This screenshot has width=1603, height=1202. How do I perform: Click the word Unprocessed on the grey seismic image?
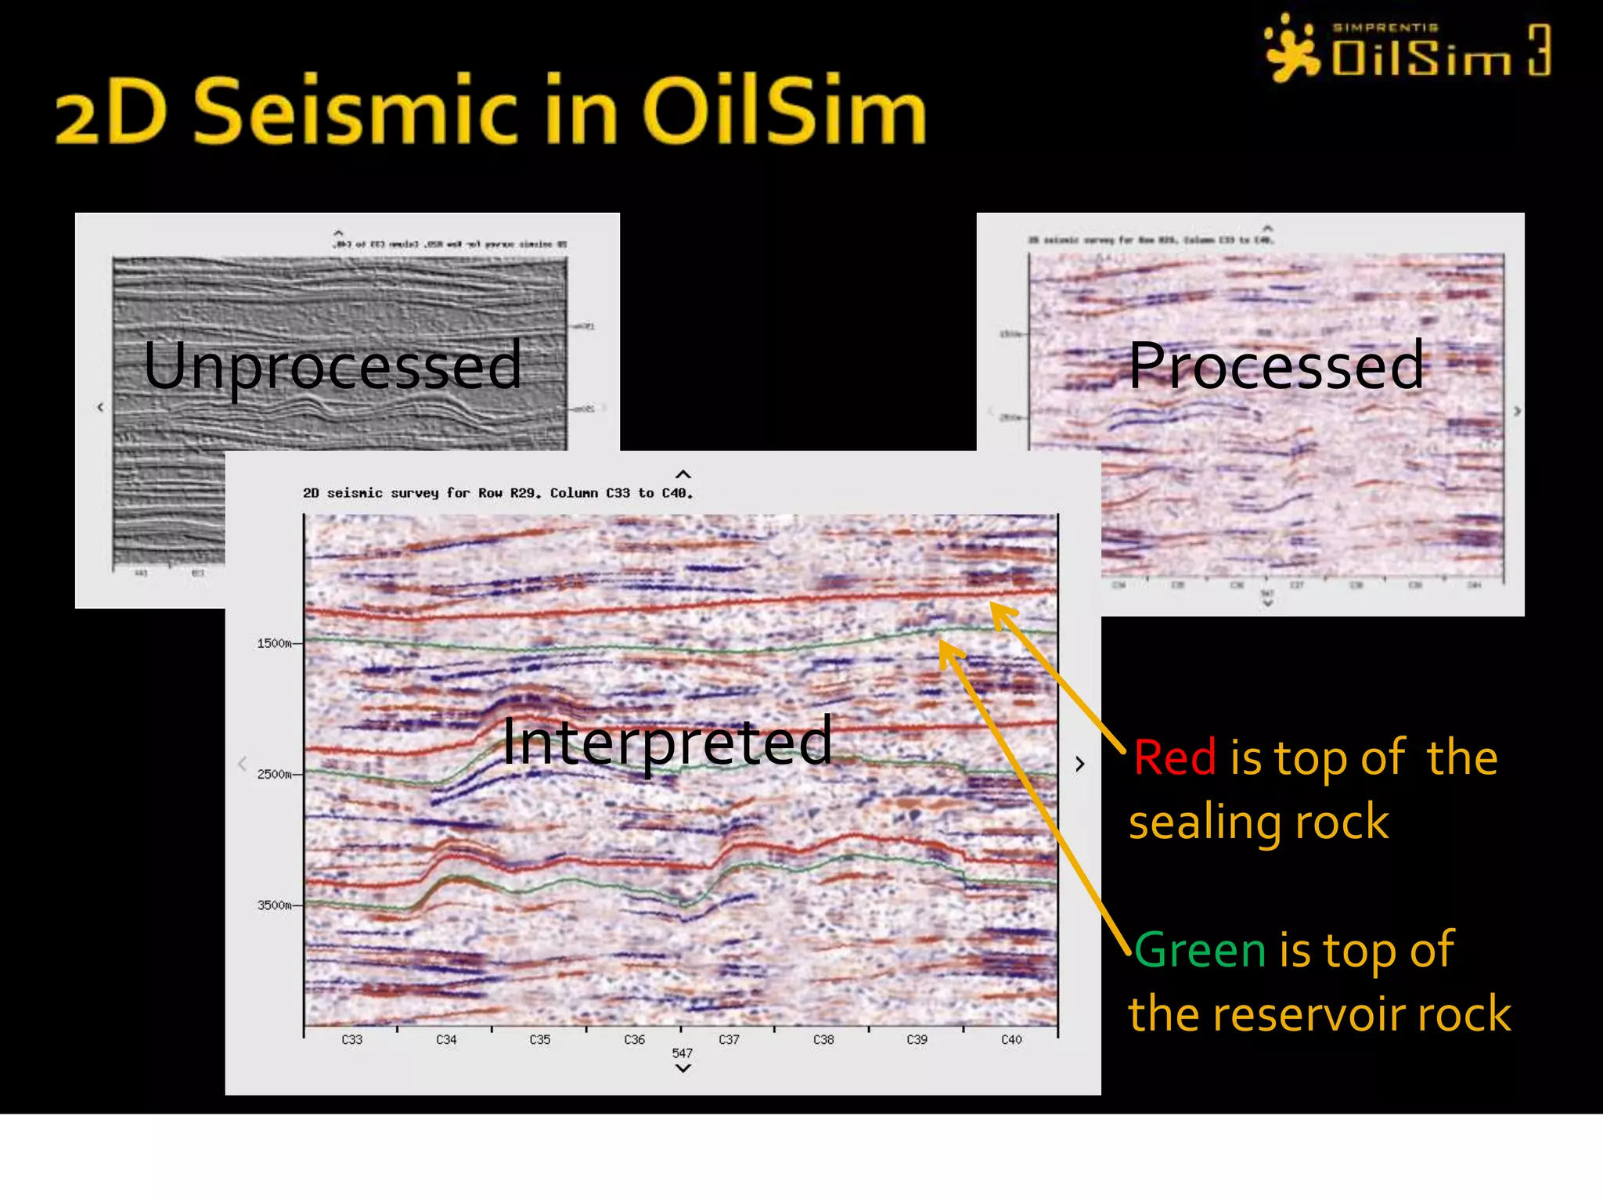(x=333, y=366)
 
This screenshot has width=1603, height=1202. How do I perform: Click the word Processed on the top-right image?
(x=1276, y=366)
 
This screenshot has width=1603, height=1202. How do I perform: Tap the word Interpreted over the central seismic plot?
(x=667, y=742)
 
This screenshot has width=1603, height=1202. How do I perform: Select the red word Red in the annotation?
(x=1175, y=758)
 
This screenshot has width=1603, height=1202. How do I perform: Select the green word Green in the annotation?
(x=1199, y=950)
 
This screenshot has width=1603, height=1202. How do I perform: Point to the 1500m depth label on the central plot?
(x=275, y=643)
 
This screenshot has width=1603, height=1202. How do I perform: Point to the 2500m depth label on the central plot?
(x=275, y=774)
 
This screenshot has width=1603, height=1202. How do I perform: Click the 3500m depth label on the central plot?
(x=275, y=905)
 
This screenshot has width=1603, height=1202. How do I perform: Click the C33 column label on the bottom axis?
(x=352, y=1039)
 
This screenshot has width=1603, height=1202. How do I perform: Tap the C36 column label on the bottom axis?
(x=635, y=1039)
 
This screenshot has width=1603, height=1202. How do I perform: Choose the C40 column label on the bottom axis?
(x=1011, y=1039)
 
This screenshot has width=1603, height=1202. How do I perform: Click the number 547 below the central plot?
(x=683, y=1053)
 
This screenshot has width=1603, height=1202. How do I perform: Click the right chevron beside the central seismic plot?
(x=1079, y=764)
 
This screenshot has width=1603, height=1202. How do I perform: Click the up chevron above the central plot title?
(x=683, y=475)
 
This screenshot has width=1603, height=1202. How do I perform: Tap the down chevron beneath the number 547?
(x=683, y=1068)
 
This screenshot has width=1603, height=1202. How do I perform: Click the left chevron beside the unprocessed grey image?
(x=100, y=407)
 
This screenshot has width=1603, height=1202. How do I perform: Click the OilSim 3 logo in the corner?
(x=1409, y=50)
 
